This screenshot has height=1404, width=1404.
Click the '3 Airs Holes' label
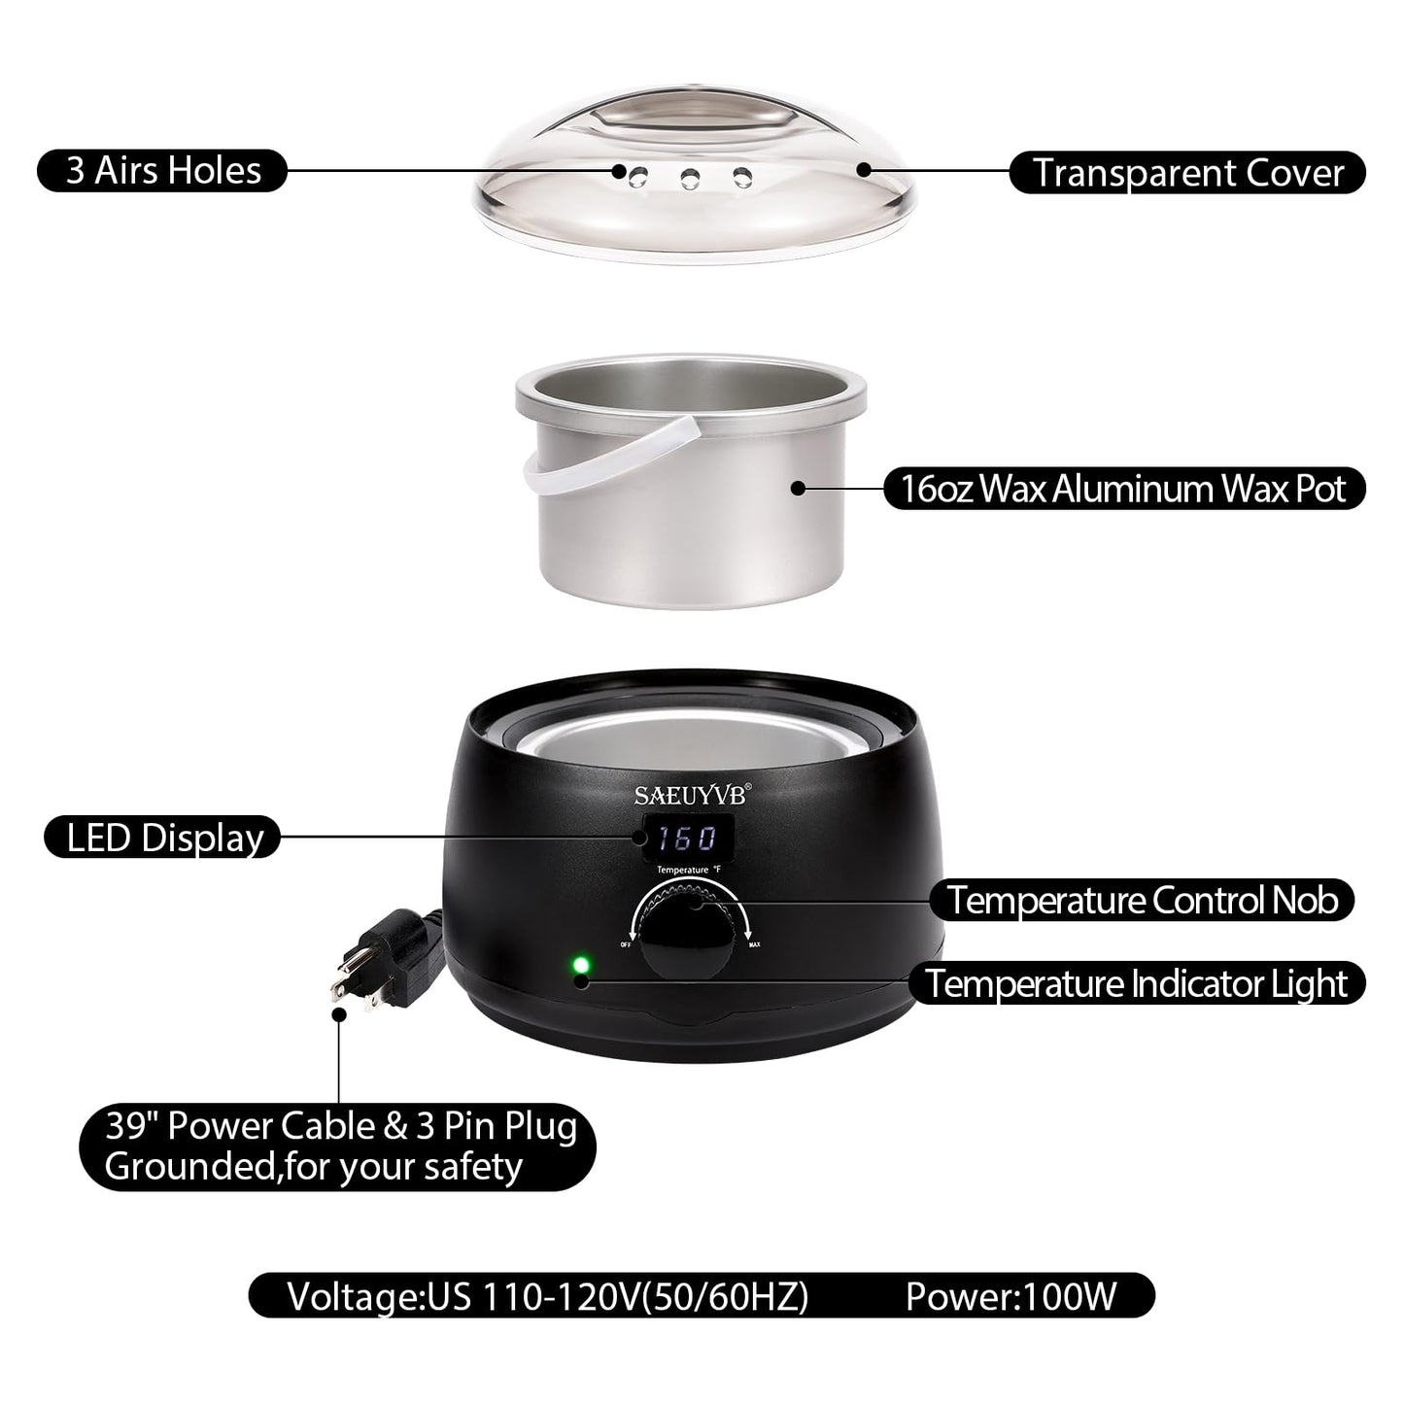click(x=162, y=170)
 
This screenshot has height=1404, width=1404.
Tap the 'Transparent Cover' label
click(x=1187, y=173)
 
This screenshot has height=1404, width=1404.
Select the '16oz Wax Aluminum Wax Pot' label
click(x=1123, y=488)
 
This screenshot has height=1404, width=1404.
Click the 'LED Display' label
click(x=163, y=838)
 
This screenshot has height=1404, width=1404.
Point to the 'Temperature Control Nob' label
click(x=1143, y=900)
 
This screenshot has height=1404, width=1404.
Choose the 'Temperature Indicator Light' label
click(x=1136, y=983)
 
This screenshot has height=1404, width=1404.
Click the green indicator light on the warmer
click(x=581, y=965)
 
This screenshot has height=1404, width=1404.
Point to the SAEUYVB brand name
click(x=691, y=795)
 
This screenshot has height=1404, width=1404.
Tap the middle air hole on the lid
click(x=691, y=178)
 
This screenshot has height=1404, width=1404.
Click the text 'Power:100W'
click(x=1011, y=1296)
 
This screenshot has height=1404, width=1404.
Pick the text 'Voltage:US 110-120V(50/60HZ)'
click(x=548, y=1296)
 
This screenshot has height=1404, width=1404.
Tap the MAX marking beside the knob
click(x=753, y=943)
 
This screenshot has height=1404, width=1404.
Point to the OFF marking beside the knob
click(x=626, y=943)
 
